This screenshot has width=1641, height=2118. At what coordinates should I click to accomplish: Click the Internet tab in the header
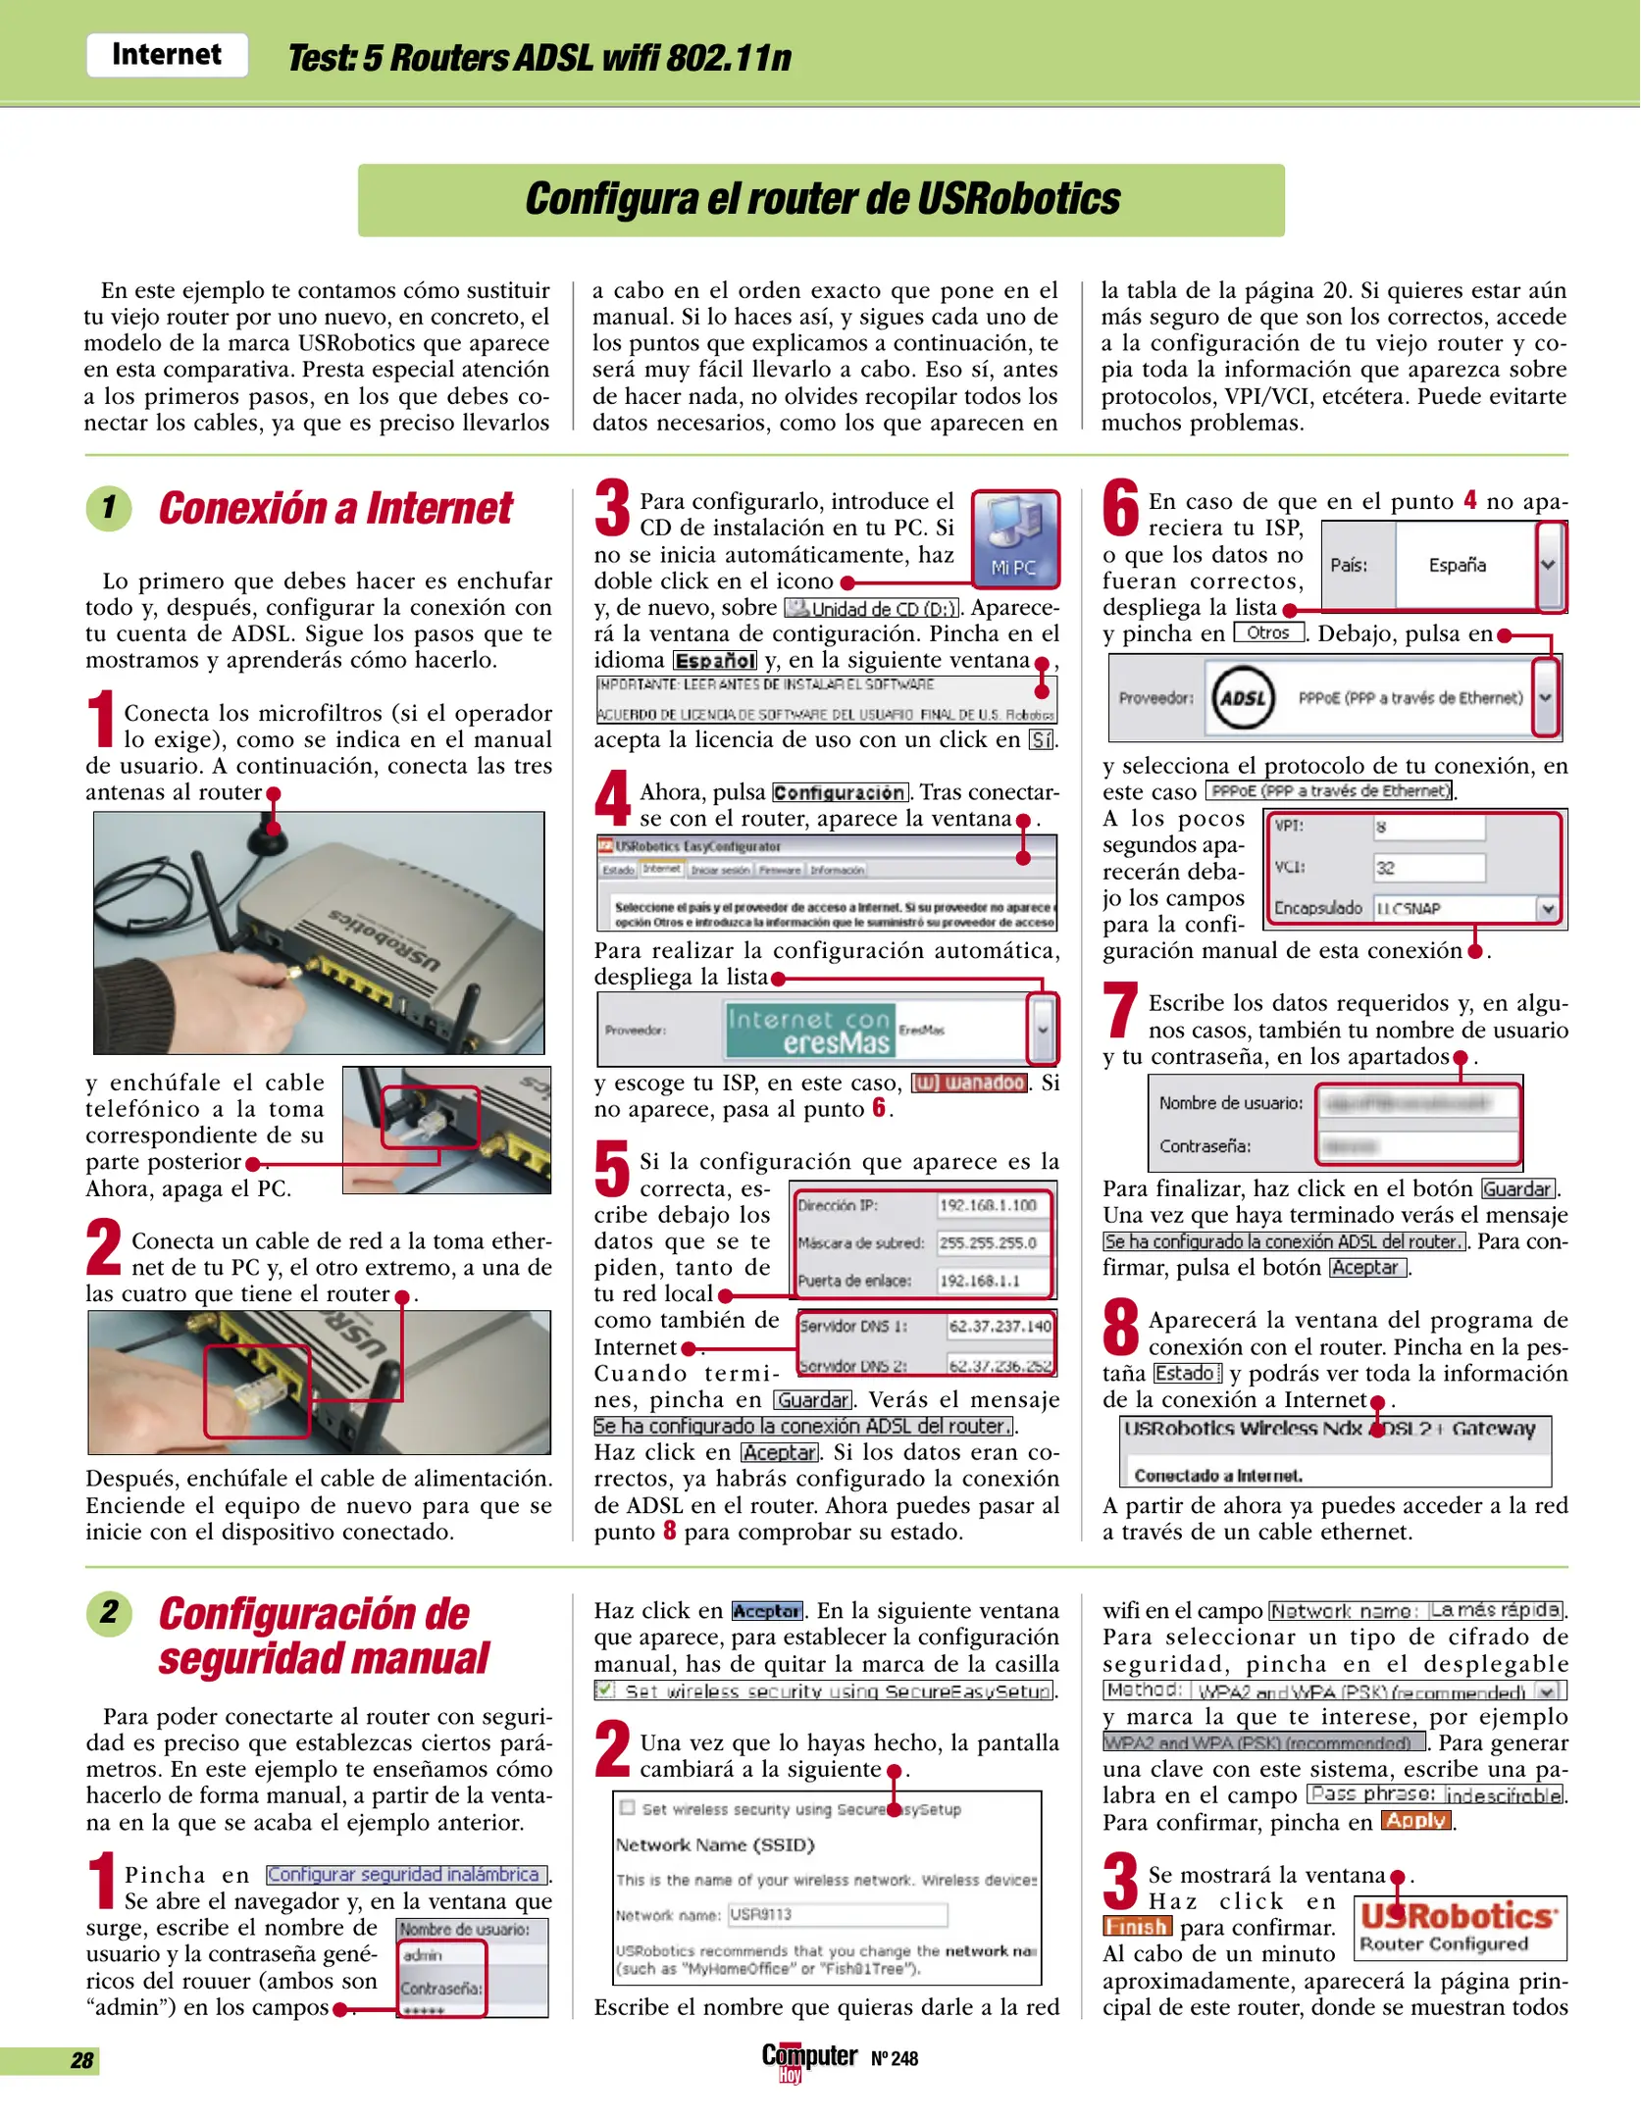(167, 55)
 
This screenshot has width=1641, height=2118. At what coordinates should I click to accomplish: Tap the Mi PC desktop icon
(1014, 537)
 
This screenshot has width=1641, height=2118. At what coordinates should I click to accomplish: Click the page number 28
(81, 2060)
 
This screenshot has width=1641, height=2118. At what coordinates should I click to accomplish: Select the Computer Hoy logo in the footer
(809, 2059)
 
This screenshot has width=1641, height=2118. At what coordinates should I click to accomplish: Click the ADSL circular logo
(1243, 697)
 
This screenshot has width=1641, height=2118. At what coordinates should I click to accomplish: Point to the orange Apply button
(1416, 1821)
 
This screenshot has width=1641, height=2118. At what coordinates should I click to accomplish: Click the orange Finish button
(1137, 1927)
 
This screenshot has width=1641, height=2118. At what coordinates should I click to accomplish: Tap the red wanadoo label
(969, 1083)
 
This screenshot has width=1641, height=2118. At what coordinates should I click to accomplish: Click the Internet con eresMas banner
(809, 1031)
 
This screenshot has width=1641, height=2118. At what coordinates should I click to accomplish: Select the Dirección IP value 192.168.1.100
(988, 1205)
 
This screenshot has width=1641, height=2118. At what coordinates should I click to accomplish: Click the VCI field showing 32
(1427, 868)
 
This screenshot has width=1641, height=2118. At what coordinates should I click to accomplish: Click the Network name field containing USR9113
(837, 1914)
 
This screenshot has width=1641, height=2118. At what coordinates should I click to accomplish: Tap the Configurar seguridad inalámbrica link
(404, 1875)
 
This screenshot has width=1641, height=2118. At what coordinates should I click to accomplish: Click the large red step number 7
(1120, 1011)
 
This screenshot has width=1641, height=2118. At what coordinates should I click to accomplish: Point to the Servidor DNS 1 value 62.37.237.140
(999, 1327)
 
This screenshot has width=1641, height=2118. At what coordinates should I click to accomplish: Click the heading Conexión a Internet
(335, 509)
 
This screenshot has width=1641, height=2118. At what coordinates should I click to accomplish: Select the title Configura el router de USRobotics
(821, 199)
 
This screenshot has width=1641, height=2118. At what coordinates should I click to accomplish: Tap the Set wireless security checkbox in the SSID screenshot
(628, 1808)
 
